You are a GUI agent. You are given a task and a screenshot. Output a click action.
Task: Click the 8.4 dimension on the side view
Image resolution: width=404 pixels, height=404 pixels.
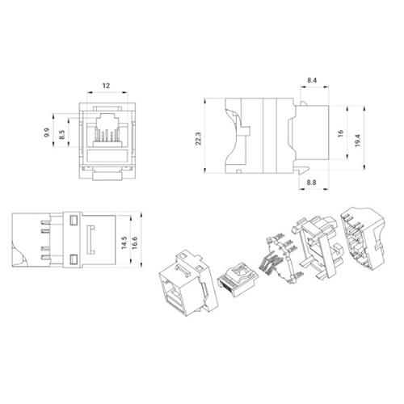pyautogui.click(x=312, y=80)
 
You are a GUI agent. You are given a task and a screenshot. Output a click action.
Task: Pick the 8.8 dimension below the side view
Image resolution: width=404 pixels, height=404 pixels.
pyautogui.click(x=312, y=183)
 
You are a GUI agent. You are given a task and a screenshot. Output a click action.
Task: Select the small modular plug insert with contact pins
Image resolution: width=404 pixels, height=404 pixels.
pyautogui.click(x=235, y=275)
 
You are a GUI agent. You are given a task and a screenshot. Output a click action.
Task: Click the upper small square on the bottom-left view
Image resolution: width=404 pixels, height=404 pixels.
pyautogui.click(x=72, y=220)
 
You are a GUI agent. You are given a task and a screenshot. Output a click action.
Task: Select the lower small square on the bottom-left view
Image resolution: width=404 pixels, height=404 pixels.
pyautogui.click(x=72, y=259)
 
